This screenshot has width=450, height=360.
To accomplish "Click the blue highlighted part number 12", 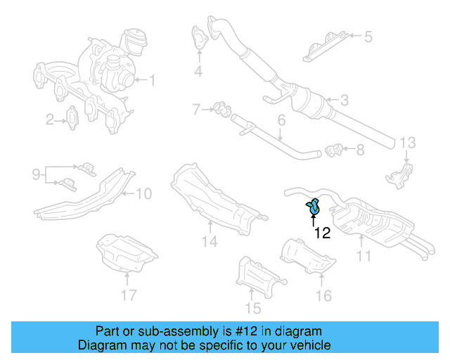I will click(313, 208).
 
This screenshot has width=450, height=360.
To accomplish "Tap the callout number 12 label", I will click(322, 233).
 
